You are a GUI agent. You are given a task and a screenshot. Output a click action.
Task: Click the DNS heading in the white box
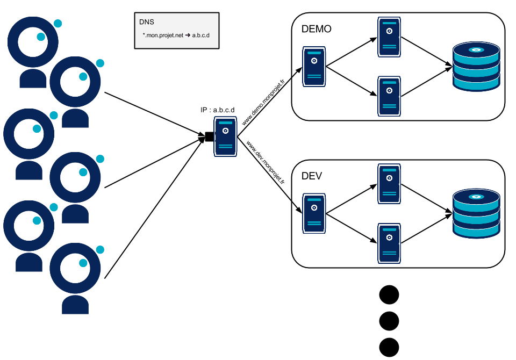pos(146,23)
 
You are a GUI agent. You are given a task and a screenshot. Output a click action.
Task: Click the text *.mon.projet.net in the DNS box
pos(163,35)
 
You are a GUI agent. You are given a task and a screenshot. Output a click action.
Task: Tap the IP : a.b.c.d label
pos(217,110)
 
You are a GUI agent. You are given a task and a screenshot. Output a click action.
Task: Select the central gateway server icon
pos(226,137)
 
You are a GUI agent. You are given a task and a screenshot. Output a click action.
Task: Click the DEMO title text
pos(317,29)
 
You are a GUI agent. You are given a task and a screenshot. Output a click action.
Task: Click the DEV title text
pos(312,176)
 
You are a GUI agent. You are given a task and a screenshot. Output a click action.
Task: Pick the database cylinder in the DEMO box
pos(476,67)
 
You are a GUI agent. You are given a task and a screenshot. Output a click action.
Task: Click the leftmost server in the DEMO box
pos(314,67)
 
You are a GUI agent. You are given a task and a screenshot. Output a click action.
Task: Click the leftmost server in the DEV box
pos(314,213)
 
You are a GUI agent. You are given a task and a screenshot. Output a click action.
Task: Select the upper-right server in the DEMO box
pos(389,37)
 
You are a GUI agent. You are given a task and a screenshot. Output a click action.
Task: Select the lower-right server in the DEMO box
pos(389,96)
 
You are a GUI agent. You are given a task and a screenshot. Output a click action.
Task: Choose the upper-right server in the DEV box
pos(389,184)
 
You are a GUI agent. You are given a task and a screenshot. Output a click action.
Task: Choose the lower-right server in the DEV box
pos(389,242)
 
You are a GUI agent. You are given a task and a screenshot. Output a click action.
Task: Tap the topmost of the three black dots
pos(389,295)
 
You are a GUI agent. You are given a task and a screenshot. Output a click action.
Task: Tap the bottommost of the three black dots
pos(389,347)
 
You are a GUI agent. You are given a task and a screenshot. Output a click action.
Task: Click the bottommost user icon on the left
pos(75,277)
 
